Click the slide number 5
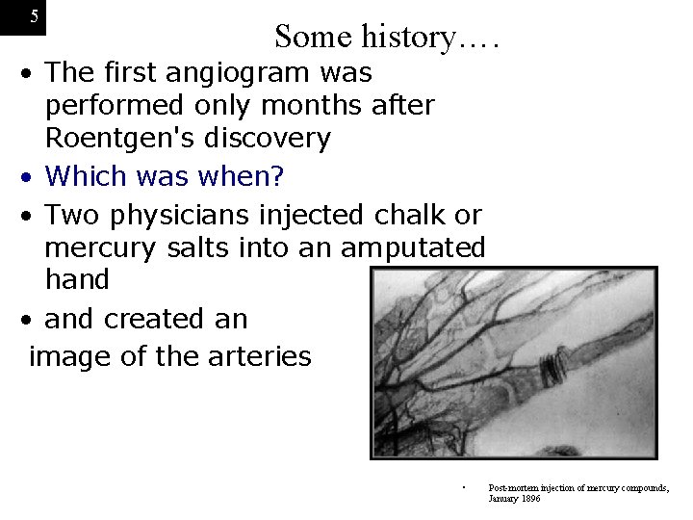tap(34, 16)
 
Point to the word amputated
tap(413, 247)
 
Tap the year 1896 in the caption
tap(528, 499)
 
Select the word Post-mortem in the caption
tap(512, 488)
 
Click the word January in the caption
tap(501, 499)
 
